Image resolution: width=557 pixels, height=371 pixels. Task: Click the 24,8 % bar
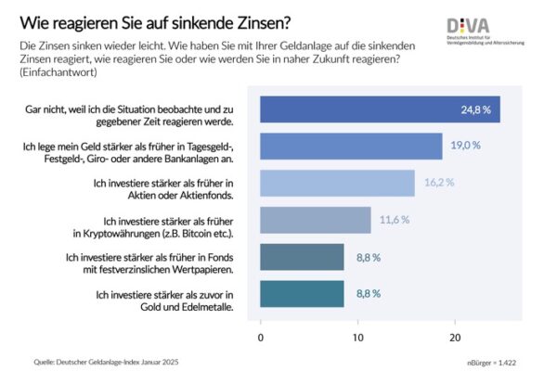point(380,109)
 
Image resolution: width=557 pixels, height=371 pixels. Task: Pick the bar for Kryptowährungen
point(315,220)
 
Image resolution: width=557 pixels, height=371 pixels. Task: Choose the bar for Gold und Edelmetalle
point(302,293)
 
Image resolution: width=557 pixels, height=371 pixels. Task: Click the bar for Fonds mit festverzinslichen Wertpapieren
point(302,257)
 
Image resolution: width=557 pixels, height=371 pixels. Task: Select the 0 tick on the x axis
point(261,335)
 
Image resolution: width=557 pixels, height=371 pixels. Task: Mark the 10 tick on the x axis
point(357,335)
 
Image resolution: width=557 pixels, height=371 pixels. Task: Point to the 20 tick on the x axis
point(455,335)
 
